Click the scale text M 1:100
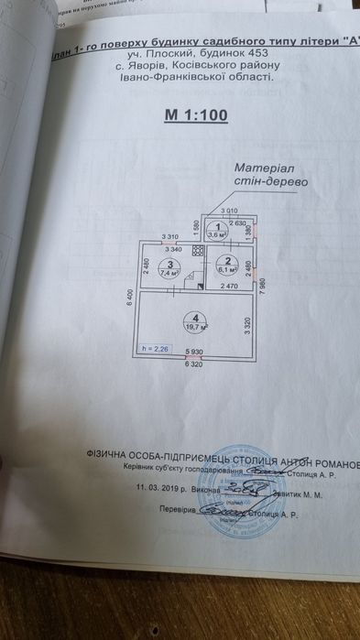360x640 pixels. [195, 115]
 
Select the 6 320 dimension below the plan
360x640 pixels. [193, 364]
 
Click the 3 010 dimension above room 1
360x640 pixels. [227, 212]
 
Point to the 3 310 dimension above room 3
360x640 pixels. [169, 237]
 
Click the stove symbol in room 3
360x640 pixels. [183, 284]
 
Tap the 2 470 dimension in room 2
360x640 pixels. [224, 287]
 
